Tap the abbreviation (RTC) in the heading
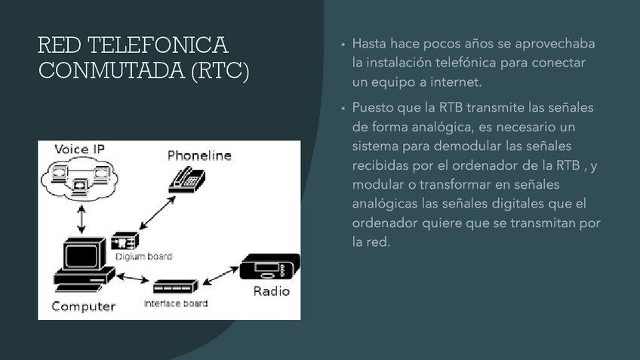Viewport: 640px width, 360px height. (219, 72)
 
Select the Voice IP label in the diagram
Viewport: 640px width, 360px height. (79, 149)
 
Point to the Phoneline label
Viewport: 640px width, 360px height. (199, 156)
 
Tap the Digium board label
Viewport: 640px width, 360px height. (143, 257)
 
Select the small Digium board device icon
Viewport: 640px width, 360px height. (125, 242)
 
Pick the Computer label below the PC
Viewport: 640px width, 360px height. (83, 306)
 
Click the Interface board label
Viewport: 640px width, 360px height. (175, 303)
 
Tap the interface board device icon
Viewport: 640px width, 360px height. (175, 287)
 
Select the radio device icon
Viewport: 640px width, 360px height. (269, 269)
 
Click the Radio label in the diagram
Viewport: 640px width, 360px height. (271, 291)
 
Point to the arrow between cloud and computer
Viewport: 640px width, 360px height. (82, 220)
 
